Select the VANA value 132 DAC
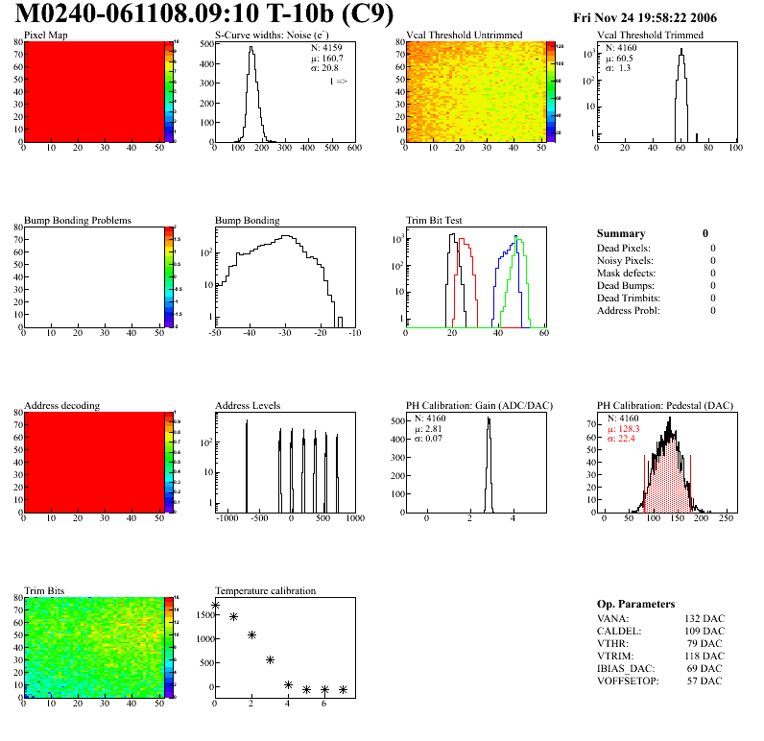click(x=704, y=619)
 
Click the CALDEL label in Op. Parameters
click(x=619, y=632)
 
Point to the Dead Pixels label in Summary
click(x=624, y=249)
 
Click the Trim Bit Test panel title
click(x=435, y=221)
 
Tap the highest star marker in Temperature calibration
click(x=215, y=605)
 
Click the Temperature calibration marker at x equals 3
click(x=270, y=659)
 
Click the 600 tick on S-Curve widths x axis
click(x=353, y=148)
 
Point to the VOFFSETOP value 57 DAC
click(x=706, y=681)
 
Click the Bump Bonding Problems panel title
click(x=78, y=221)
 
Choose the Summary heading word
click(x=620, y=233)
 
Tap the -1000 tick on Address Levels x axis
click(x=227, y=518)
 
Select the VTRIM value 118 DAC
click(x=704, y=657)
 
